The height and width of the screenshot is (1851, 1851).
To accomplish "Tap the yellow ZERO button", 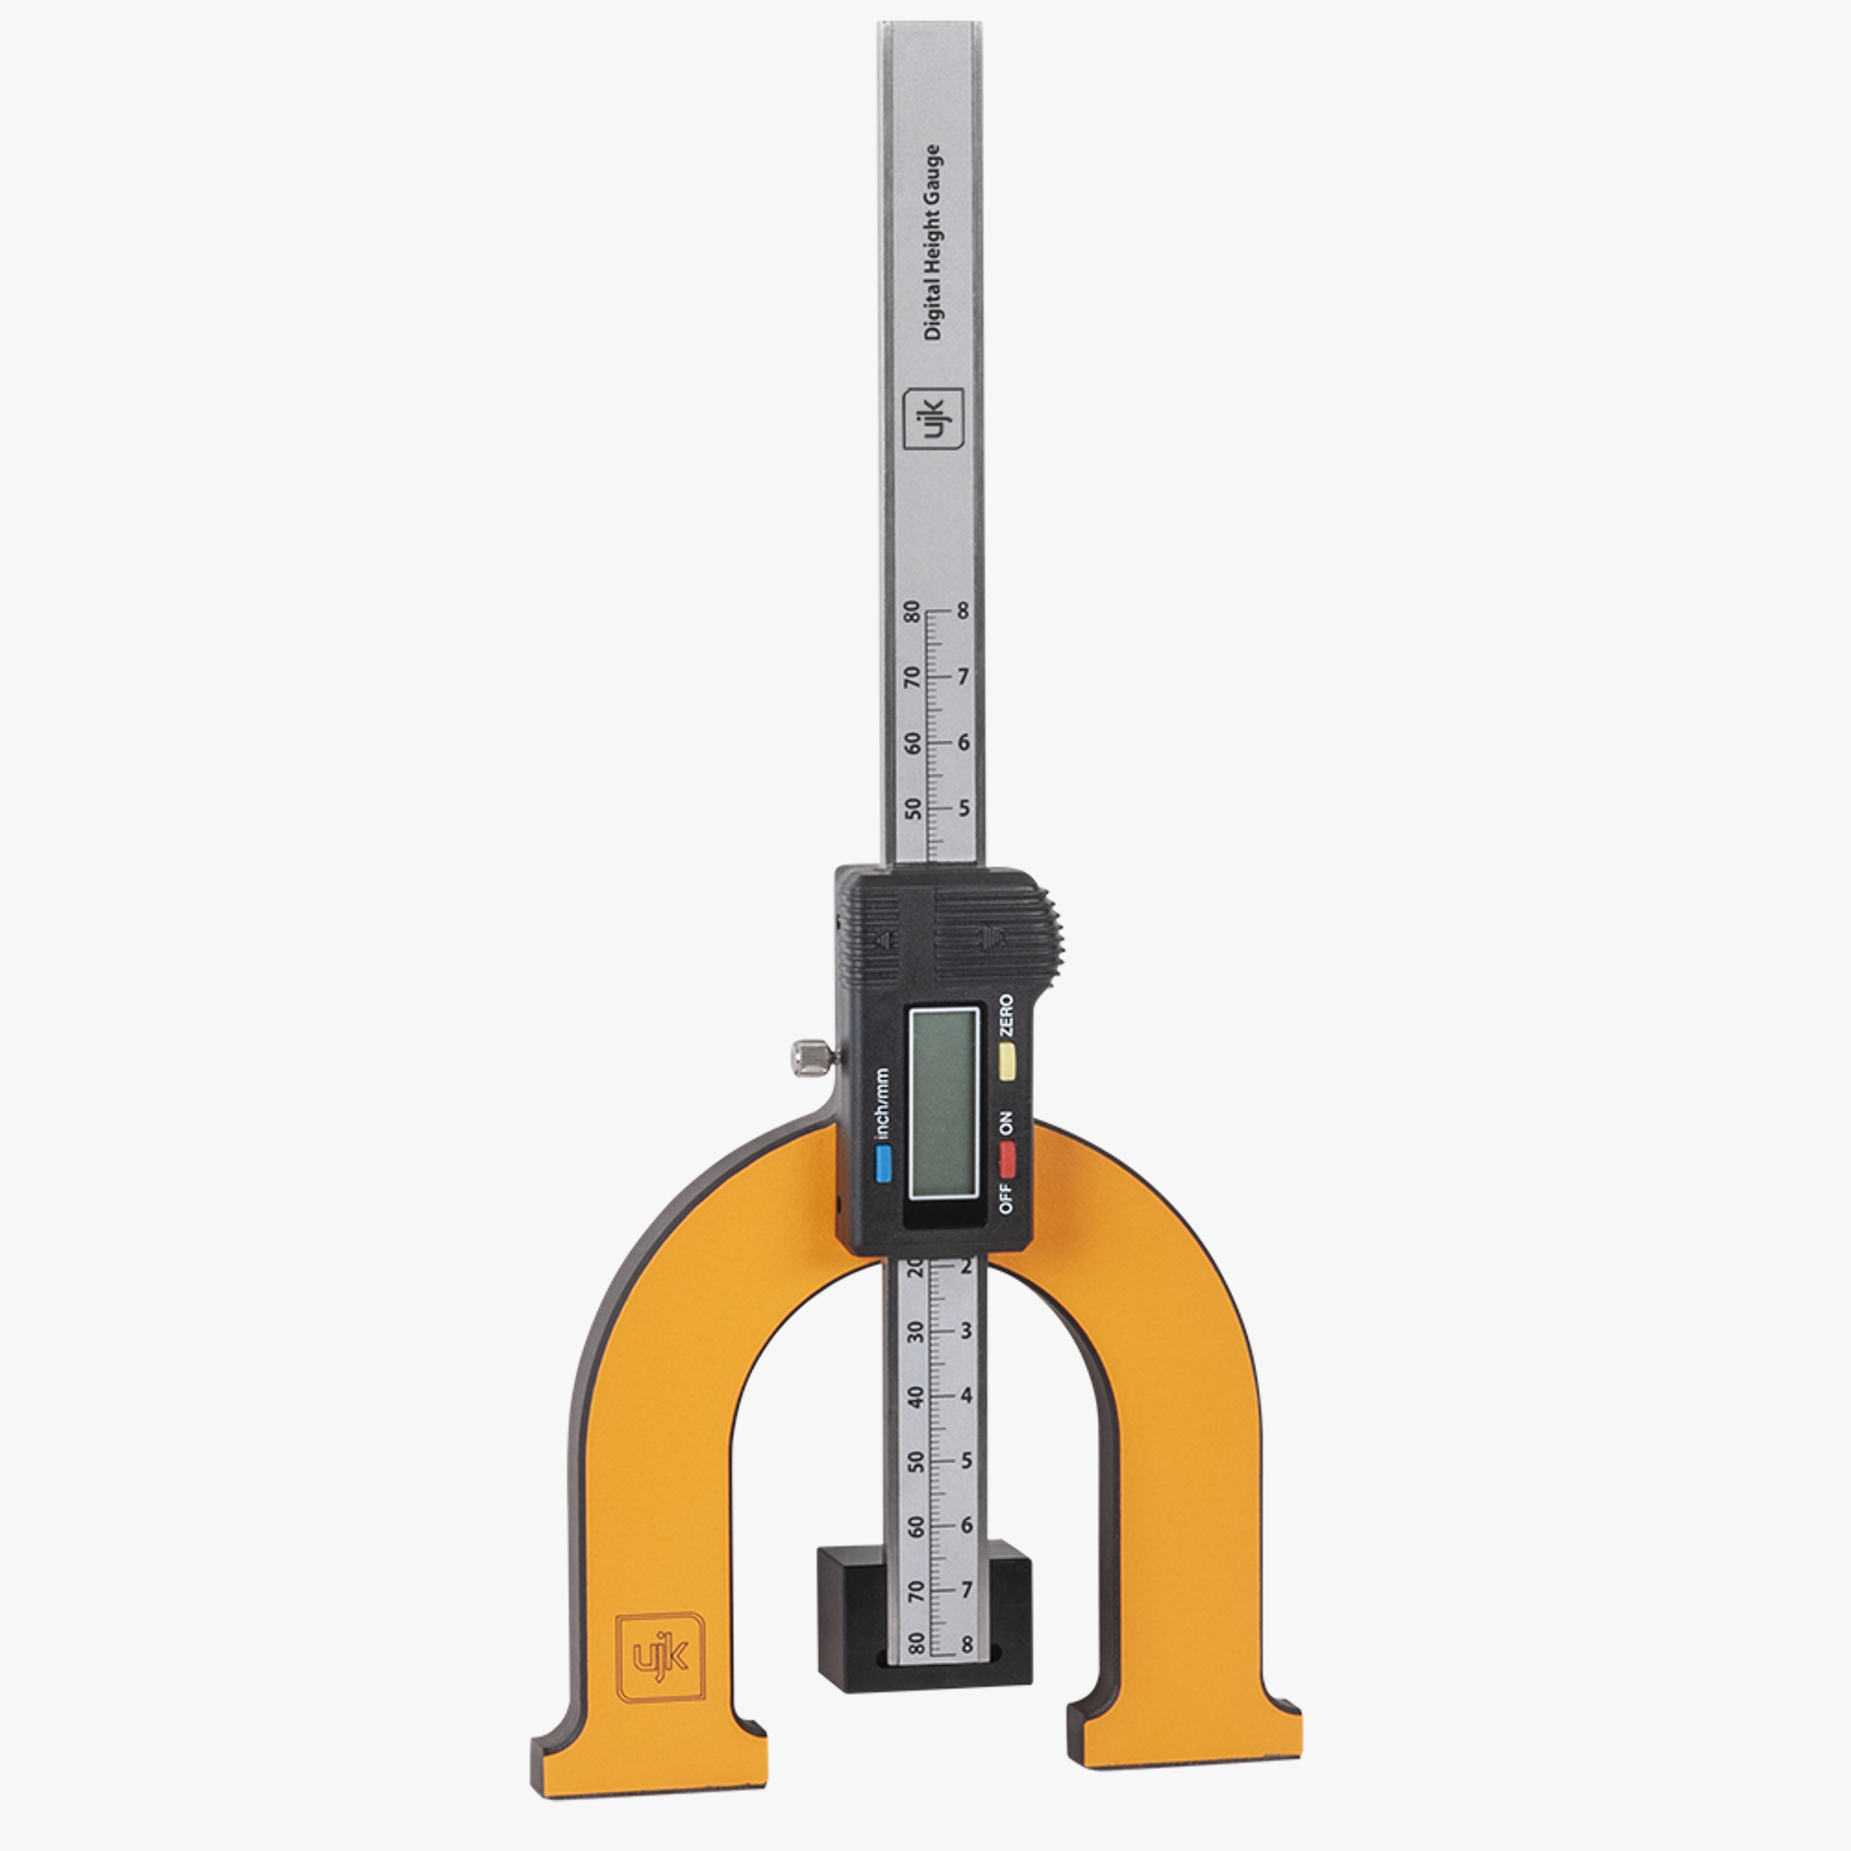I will pyautogui.click(x=1007, y=1062).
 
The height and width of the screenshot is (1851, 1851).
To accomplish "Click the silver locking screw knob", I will pyautogui.click(x=809, y=1057).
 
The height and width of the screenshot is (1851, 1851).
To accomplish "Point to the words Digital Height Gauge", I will pyautogui.click(x=932, y=243).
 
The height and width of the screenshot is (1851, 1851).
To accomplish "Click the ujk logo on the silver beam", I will pyautogui.click(x=933, y=419).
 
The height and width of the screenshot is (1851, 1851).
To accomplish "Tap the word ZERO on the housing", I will pyautogui.click(x=1006, y=1016).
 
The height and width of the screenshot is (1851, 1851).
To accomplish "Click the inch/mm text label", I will pyautogui.click(x=883, y=1102).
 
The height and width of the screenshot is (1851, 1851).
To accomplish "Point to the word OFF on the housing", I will pyautogui.click(x=1006, y=1198).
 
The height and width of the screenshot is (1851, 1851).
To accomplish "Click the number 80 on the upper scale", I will pyautogui.click(x=912, y=612).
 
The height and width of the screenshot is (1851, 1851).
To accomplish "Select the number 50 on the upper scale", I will pyautogui.click(x=913, y=809).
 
